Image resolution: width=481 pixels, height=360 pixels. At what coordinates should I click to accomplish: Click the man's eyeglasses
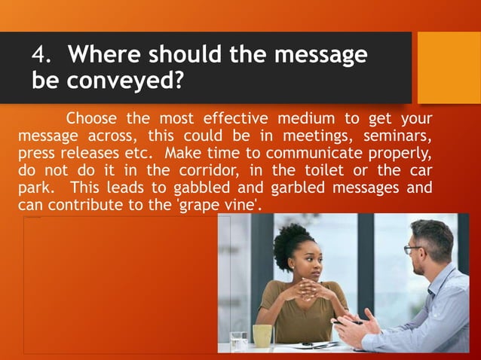(413, 249)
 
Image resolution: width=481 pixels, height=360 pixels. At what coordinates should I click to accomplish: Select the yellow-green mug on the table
(262, 335)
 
